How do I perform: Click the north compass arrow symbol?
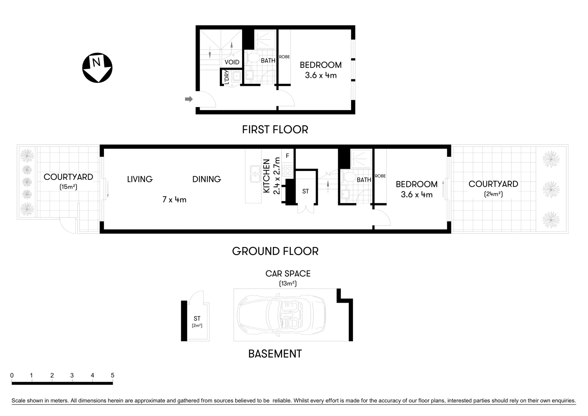pos(97,68)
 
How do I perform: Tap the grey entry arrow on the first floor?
pos(189,99)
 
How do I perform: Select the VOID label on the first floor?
pos(232,62)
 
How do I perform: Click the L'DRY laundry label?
pos(227,77)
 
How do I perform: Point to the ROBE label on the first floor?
pos(284,57)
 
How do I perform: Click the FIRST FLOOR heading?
pos(275,129)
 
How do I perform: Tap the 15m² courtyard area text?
pos(68,187)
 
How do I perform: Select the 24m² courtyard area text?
pos(493,194)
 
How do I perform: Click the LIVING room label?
pos(140,179)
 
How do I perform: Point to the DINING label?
pos(206,179)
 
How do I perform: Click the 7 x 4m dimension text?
pos(174,200)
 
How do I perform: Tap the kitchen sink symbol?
pos(255,174)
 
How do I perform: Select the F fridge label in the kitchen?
pos(287,156)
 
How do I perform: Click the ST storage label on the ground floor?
pos(305,191)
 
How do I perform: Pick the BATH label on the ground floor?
pos(364,179)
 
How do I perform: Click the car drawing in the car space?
pos(281,315)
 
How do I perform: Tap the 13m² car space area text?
pos(287,283)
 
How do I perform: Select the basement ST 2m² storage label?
pos(197,322)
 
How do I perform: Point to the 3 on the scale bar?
pos(72,376)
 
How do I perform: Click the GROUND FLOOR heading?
pos(275,251)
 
